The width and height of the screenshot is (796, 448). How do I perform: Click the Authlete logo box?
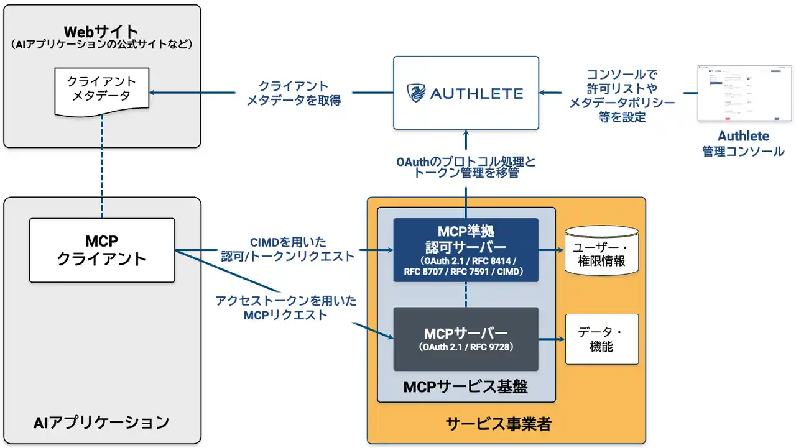pyautogui.click(x=466, y=93)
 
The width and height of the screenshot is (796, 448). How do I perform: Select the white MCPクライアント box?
pyautogui.click(x=101, y=250)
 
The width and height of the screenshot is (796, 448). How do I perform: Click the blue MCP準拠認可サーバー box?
pyautogui.click(x=466, y=250)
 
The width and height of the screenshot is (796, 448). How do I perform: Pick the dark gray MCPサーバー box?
pyautogui.click(x=466, y=339)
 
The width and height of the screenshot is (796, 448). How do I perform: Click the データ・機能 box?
pyautogui.click(x=601, y=339)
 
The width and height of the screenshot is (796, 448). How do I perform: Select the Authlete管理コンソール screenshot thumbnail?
pyautogui.click(x=744, y=93)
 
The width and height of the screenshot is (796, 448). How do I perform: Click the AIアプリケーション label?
pyautogui.click(x=101, y=423)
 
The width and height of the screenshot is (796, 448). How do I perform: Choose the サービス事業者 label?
pyautogui.click(x=498, y=424)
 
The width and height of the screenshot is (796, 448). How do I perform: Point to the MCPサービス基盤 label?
pyautogui.click(x=466, y=387)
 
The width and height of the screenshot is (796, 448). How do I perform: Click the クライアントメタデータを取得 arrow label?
pyautogui.click(x=294, y=93)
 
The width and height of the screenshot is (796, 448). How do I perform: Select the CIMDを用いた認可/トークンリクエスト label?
pyautogui.click(x=287, y=249)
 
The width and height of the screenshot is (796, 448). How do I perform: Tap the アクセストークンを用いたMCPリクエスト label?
pyautogui.click(x=286, y=308)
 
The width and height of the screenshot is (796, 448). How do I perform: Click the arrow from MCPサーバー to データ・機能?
pyautogui.click(x=551, y=339)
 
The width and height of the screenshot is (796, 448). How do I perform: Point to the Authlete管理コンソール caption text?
pyautogui.click(x=744, y=144)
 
